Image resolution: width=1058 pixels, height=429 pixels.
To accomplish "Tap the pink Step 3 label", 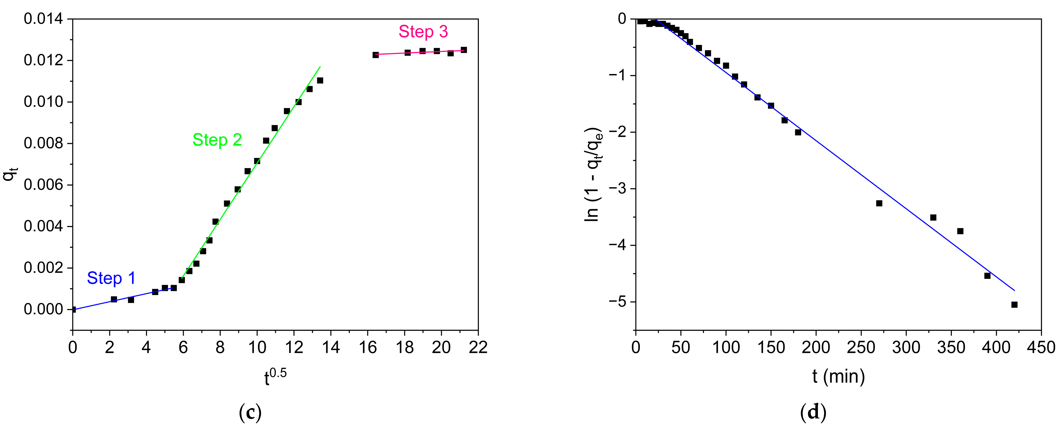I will click(423, 31).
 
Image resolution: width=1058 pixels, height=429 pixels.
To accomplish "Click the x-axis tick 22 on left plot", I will click(478, 348).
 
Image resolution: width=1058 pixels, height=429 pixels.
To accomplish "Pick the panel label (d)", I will click(813, 412).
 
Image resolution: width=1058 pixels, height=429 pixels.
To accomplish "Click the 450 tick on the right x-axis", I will click(1041, 348).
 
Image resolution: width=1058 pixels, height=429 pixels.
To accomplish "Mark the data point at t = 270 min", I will click(879, 203).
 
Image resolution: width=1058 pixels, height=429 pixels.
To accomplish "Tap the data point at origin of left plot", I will click(73, 310).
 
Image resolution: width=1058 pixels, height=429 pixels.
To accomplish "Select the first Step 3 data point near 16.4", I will click(375, 54).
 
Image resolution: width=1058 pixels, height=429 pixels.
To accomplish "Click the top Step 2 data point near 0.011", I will click(320, 80).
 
